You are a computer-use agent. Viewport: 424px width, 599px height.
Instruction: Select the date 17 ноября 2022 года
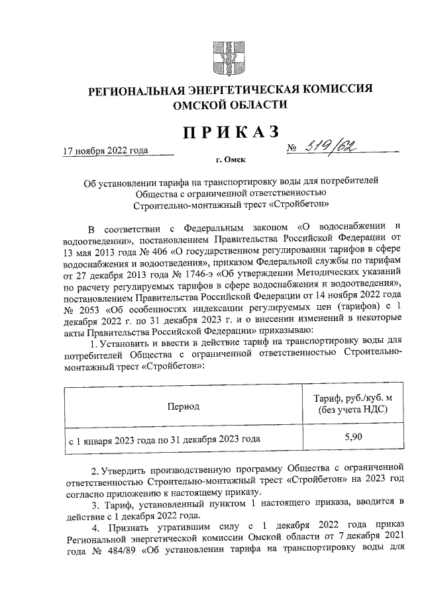pos(105,151)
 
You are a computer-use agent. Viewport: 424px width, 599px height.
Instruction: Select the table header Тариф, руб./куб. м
pos(352,398)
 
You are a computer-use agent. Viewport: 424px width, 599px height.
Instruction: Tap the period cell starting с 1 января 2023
pos(164,439)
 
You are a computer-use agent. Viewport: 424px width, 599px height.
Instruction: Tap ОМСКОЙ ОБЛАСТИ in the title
pos(229,105)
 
